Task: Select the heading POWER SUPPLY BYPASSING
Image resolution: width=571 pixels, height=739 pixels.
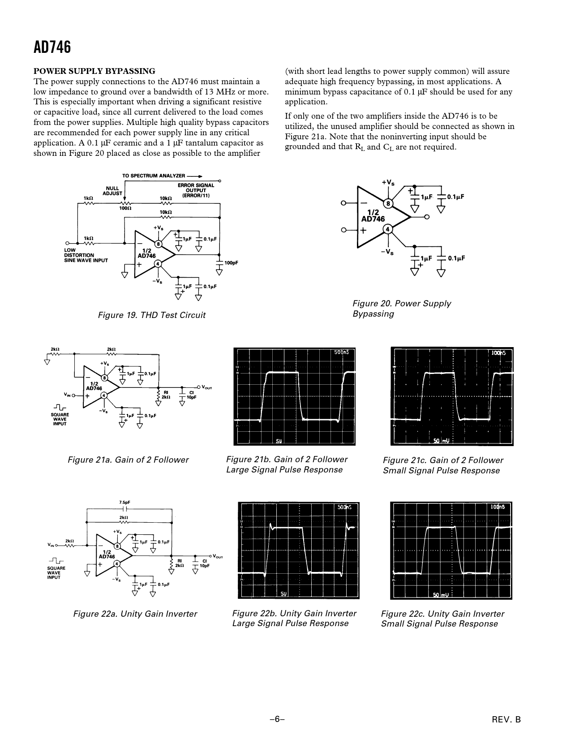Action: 94,71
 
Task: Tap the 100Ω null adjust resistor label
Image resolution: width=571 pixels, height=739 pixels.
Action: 125,208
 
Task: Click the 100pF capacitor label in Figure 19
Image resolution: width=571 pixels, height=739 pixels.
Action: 231,263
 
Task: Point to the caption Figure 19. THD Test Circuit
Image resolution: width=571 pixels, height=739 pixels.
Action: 151,315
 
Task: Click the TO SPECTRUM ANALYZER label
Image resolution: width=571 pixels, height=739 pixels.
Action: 154,176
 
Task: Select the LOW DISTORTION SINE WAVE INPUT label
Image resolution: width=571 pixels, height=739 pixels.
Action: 86,255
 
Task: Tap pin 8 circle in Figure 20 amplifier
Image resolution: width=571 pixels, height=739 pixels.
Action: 388,204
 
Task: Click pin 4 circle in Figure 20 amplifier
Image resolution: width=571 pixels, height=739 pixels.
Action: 388,229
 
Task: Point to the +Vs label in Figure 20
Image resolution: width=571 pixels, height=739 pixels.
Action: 388,183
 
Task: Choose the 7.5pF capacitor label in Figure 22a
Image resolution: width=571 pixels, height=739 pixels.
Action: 125,503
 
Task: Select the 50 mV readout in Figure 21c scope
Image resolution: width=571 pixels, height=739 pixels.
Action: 441,441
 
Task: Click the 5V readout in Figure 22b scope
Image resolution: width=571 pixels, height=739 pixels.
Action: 283,594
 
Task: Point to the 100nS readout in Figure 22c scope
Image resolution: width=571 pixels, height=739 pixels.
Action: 498,507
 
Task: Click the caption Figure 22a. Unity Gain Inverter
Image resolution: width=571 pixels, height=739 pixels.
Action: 135,614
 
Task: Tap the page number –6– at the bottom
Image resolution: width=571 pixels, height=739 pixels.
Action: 277,719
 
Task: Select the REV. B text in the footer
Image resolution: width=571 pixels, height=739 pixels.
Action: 506,720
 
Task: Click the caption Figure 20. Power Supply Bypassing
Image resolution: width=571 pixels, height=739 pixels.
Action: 401,308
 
